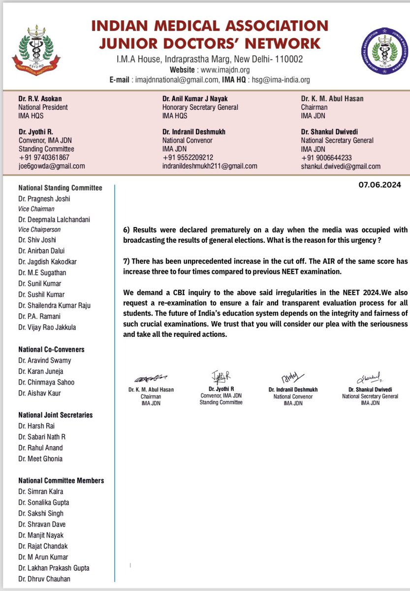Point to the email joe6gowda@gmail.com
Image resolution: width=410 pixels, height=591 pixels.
[52, 166]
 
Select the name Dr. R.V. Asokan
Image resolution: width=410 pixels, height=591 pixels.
[40, 98]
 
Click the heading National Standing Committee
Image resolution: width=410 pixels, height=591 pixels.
[60, 188]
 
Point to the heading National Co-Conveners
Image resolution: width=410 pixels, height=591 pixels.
[51, 349]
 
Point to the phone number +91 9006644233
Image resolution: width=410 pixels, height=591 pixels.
[326, 158]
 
